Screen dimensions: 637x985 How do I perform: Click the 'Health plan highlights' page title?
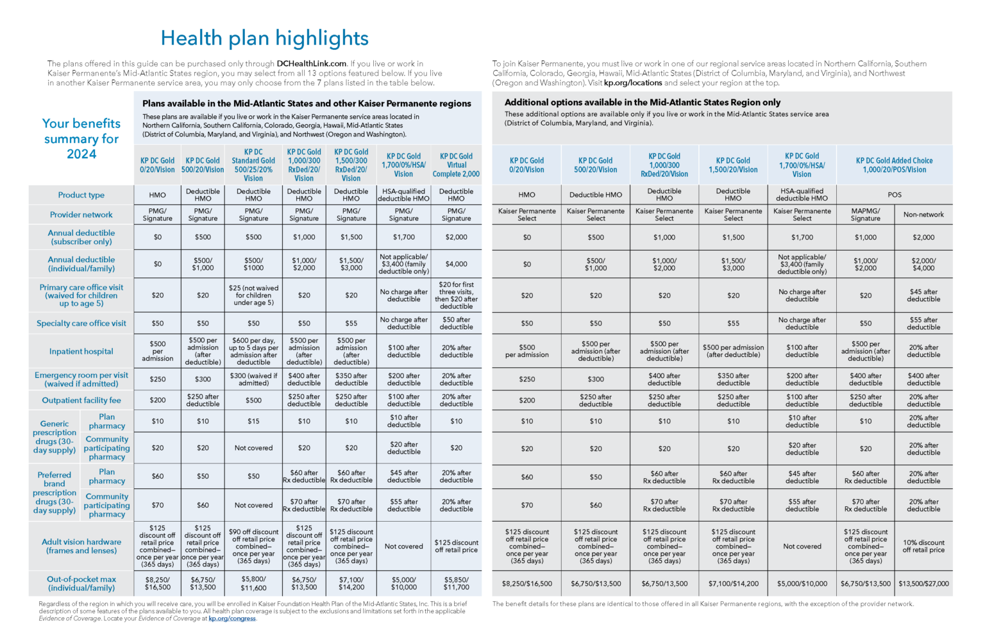[x=264, y=38]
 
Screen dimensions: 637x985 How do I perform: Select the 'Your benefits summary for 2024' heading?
[x=81, y=138]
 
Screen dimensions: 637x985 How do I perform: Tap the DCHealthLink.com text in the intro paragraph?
[x=312, y=63]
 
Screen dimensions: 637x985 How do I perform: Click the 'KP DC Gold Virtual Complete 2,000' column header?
[x=456, y=165]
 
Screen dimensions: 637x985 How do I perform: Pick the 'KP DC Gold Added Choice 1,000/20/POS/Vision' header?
[x=894, y=165]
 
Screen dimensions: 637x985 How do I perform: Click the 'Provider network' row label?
[x=81, y=215]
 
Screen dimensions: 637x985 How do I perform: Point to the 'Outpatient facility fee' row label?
[x=81, y=400]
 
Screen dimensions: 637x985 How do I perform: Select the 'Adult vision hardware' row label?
[x=81, y=546]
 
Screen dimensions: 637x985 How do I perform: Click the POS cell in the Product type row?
[x=894, y=195]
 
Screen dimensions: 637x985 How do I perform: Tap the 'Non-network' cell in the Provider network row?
[x=923, y=215]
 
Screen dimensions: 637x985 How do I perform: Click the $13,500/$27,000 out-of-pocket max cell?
[x=923, y=583]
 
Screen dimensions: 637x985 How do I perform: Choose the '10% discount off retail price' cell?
[x=923, y=546]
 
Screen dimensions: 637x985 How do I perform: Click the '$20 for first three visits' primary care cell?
[x=456, y=295]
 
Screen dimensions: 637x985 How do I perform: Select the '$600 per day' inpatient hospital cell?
[x=253, y=351]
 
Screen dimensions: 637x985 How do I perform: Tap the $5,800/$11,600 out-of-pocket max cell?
[x=253, y=583]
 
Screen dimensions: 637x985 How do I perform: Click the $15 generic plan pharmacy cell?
[x=253, y=421]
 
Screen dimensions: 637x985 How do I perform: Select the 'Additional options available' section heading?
[x=642, y=103]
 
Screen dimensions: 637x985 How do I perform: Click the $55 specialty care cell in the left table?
[x=351, y=323]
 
